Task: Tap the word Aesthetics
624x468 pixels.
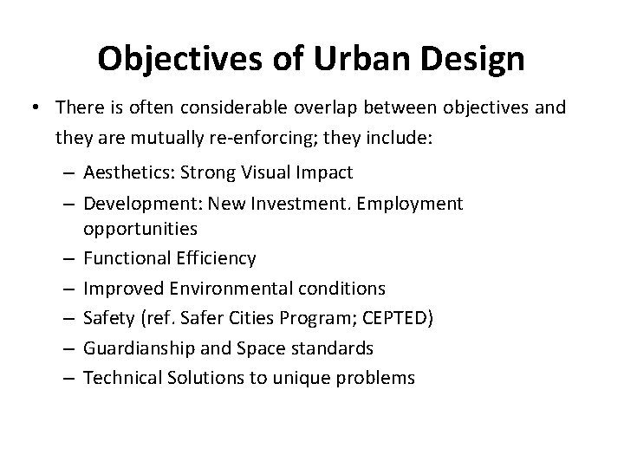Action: (x=129, y=172)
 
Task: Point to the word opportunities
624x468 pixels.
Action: (x=140, y=230)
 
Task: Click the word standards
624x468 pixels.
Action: (x=330, y=348)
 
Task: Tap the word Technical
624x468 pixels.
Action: (x=120, y=378)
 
